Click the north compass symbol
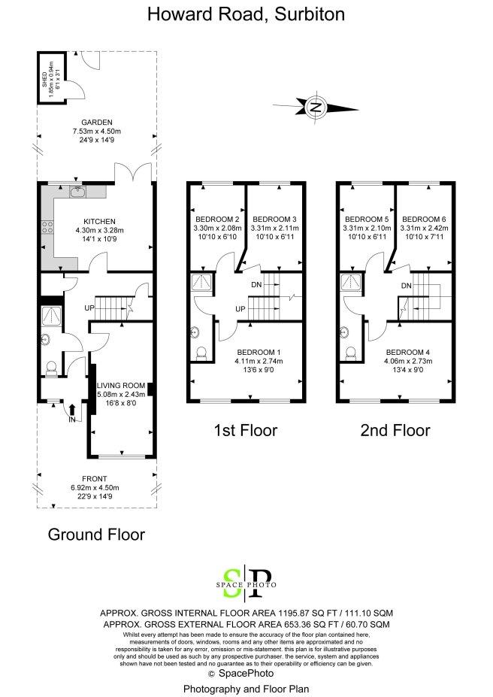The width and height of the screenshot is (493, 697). [x=316, y=107]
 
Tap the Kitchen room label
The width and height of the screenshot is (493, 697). [x=99, y=221]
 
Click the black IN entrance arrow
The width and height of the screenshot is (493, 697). [x=72, y=411]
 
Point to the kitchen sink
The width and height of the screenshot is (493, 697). [x=77, y=191]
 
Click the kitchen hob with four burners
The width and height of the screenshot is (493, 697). [x=47, y=228]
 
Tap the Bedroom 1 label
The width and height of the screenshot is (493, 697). [x=259, y=353]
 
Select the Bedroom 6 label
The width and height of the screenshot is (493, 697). [x=424, y=219]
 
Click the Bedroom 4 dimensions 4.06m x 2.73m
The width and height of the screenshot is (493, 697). [x=408, y=361]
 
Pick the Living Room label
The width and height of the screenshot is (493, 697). [x=121, y=386]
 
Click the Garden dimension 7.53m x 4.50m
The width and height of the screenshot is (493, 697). [x=97, y=131]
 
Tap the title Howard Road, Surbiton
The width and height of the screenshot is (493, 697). [x=246, y=14]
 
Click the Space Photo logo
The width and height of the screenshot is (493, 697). [x=246, y=583]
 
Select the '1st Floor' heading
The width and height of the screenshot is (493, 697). [x=246, y=430]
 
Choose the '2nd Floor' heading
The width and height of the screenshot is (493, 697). [x=395, y=430]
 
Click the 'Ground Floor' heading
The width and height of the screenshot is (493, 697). [x=96, y=535]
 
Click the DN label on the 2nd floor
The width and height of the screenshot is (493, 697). [x=407, y=286]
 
